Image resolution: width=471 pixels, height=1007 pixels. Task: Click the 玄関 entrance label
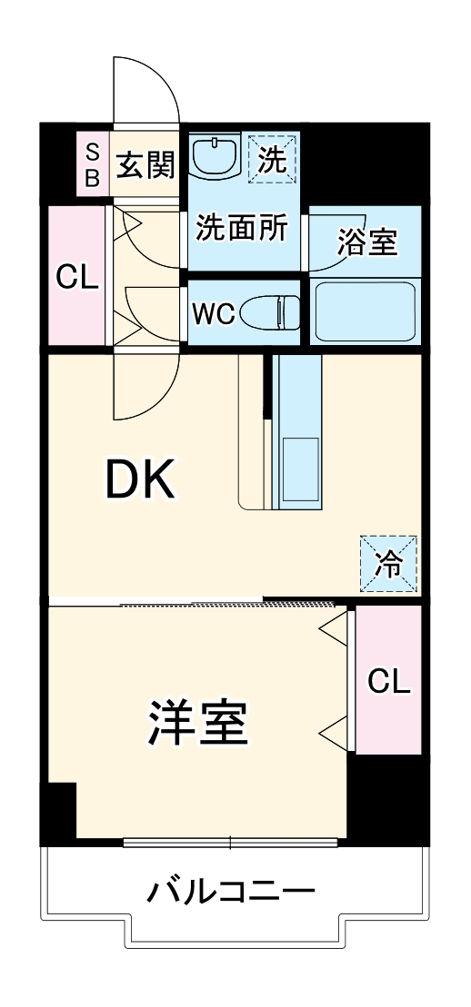pyautogui.click(x=145, y=165)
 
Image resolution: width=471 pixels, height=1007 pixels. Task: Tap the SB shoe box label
pyautogui.click(x=92, y=164)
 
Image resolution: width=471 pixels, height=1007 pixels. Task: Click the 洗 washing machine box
pyautogui.click(x=273, y=159)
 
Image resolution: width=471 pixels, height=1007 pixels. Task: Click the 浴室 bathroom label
pyautogui.click(x=367, y=242)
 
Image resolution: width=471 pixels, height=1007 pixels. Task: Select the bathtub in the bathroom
pyautogui.click(x=364, y=311)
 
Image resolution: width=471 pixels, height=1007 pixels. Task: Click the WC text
pyautogui.click(x=213, y=314)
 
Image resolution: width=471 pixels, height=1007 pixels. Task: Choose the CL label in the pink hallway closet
pyautogui.click(x=76, y=277)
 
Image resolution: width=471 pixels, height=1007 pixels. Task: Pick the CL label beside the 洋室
pyautogui.click(x=388, y=680)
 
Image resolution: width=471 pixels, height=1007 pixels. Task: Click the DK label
pyautogui.click(x=140, y=482)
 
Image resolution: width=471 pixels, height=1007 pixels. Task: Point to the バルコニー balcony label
pyautogui.click(x=231, y=892)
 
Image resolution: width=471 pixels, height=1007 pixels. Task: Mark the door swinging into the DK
pyautogui.click(x=141, y=387)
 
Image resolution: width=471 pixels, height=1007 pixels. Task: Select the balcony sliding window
pyautogui.click(x=231, y=843)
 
